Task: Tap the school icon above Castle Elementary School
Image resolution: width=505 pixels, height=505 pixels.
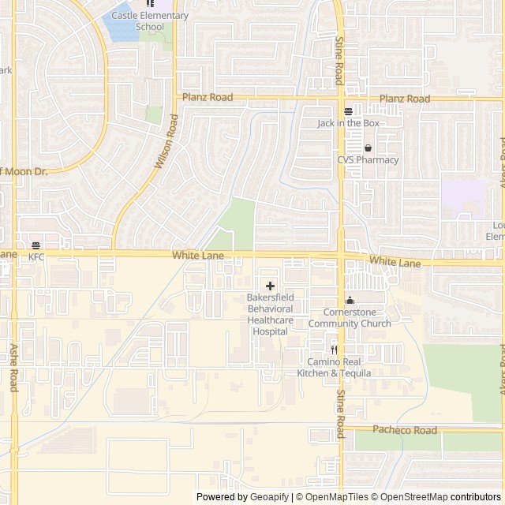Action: coord(150,4)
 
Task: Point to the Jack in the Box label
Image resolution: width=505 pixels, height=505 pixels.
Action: coord(349,123)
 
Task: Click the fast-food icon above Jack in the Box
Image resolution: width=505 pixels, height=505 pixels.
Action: coord(349,111)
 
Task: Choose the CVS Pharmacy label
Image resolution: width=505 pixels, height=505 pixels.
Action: coord(368,159)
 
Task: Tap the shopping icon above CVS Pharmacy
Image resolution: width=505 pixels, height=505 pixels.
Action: coord(368,148)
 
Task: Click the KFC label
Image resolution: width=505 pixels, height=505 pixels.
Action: coord(36,257)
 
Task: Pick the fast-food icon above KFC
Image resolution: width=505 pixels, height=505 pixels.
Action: coord(36,245)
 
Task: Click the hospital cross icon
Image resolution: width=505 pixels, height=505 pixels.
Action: coord(270,286)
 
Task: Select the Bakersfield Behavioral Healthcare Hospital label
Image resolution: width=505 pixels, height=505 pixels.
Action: coord(270,315)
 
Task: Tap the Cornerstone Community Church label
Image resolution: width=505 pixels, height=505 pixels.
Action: coord(350,318)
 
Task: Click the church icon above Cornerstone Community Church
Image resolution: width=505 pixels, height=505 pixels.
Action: coord(350,301)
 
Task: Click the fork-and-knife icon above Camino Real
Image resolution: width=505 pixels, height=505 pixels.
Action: coord(334,350)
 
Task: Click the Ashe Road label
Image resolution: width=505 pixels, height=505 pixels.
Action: coord(13,368)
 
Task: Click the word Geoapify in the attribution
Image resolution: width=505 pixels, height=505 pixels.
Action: coord(268,497)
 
